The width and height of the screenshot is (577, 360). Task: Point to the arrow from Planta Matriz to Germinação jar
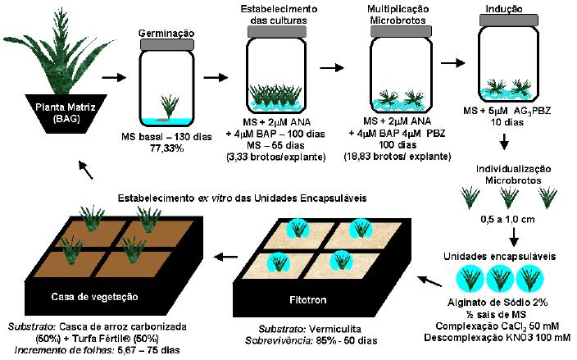115,79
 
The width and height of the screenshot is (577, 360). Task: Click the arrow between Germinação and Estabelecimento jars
214,79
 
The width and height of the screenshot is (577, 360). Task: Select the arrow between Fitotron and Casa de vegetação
222,258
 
